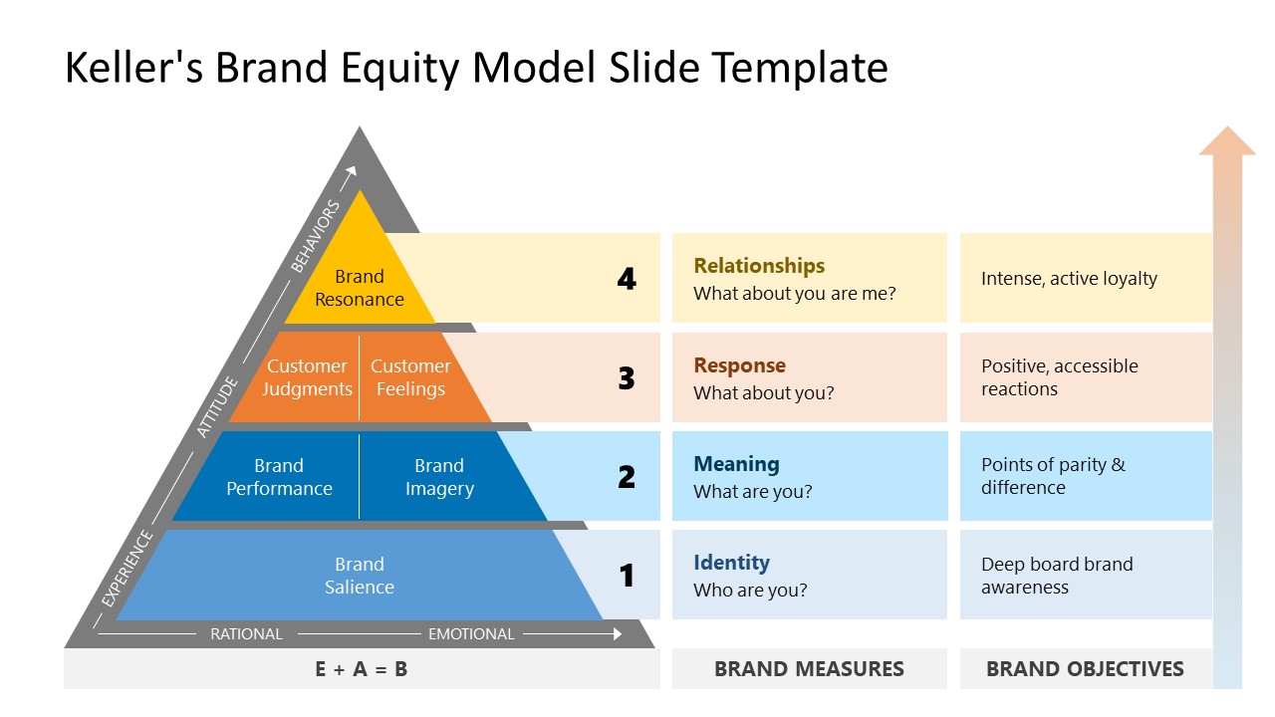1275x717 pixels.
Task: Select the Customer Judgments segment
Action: pos(307,377)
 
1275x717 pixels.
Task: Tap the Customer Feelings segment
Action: pos(410,377)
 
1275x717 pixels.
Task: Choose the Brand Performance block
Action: pos(279,477)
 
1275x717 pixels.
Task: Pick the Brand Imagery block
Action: pos(439,477)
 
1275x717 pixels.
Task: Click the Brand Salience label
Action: pos(359,576)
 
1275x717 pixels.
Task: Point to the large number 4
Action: pos(627,279)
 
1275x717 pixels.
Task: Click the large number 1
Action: pos(627,576)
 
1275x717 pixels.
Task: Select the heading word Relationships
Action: pos(759,266)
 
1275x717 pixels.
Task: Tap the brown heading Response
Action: pos(739,365)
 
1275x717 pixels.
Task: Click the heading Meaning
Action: pos(736,464)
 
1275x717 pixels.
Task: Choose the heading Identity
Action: pos(731,563)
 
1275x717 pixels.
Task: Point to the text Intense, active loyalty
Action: pos(1069,279)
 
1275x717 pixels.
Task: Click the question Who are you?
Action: pos(750,591)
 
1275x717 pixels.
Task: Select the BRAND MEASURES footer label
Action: pos(809,669)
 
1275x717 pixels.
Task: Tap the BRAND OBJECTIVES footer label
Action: pos(1085,669)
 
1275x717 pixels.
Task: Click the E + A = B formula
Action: pos(361,669)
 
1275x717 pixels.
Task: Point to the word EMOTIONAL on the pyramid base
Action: pos(471,634)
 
